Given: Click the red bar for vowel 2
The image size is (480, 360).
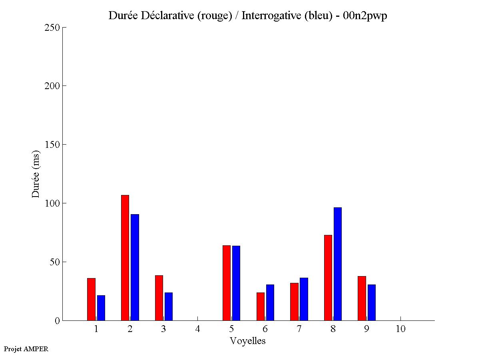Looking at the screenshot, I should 125,258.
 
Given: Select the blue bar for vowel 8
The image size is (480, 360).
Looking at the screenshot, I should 338,264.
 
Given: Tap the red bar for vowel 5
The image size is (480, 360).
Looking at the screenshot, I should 227,283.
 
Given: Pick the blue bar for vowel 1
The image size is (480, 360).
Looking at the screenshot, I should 101,308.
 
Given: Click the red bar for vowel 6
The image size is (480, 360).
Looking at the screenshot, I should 261,306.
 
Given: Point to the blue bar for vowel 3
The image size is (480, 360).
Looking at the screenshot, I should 169,306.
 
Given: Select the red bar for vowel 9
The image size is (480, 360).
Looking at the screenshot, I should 362,298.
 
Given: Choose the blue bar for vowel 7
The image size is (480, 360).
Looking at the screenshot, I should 304,299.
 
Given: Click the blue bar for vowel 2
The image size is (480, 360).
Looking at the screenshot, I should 135,267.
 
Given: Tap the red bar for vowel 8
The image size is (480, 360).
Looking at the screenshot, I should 328,278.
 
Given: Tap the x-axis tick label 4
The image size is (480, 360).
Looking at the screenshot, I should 197,329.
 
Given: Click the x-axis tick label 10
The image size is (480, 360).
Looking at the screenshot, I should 400,329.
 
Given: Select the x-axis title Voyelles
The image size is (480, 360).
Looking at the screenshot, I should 248,341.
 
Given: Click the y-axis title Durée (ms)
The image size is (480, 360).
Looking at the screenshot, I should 36,174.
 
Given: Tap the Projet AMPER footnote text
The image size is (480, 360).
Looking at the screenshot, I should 26,349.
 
